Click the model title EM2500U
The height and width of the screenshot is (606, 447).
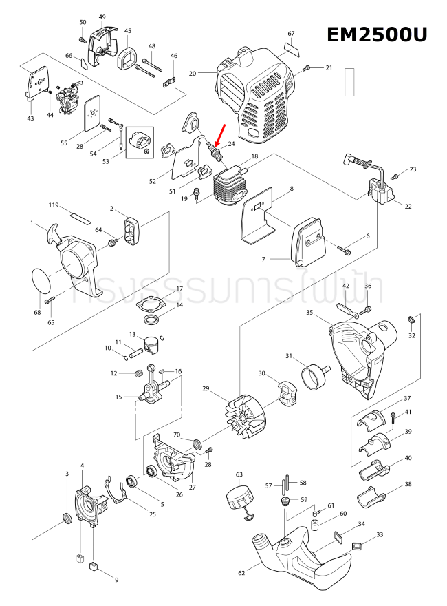pos(376,34)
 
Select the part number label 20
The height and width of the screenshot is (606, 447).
pos(193,72)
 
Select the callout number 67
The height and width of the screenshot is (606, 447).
pos(291,34)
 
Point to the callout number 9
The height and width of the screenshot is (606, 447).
pos(116,579)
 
